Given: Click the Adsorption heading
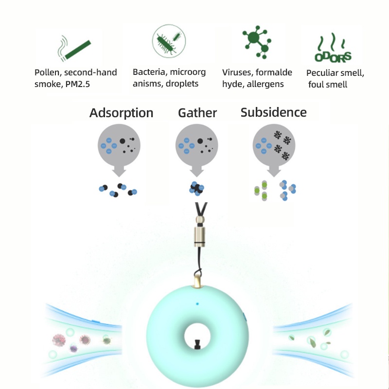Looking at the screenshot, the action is tap(121, 113).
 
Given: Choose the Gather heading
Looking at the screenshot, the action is tap(197, 113).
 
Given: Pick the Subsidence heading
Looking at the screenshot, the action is tap(274, 113).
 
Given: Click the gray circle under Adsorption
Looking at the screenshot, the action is tap(119, 144).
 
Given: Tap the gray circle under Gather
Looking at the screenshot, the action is tap(196, 144).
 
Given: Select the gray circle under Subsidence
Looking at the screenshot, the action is tap(275, 144).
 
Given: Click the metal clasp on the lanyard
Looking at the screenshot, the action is tap(199, 235).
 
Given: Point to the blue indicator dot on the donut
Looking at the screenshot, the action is tap(197, 304).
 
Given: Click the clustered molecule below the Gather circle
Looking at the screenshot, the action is tap(196, 189).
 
